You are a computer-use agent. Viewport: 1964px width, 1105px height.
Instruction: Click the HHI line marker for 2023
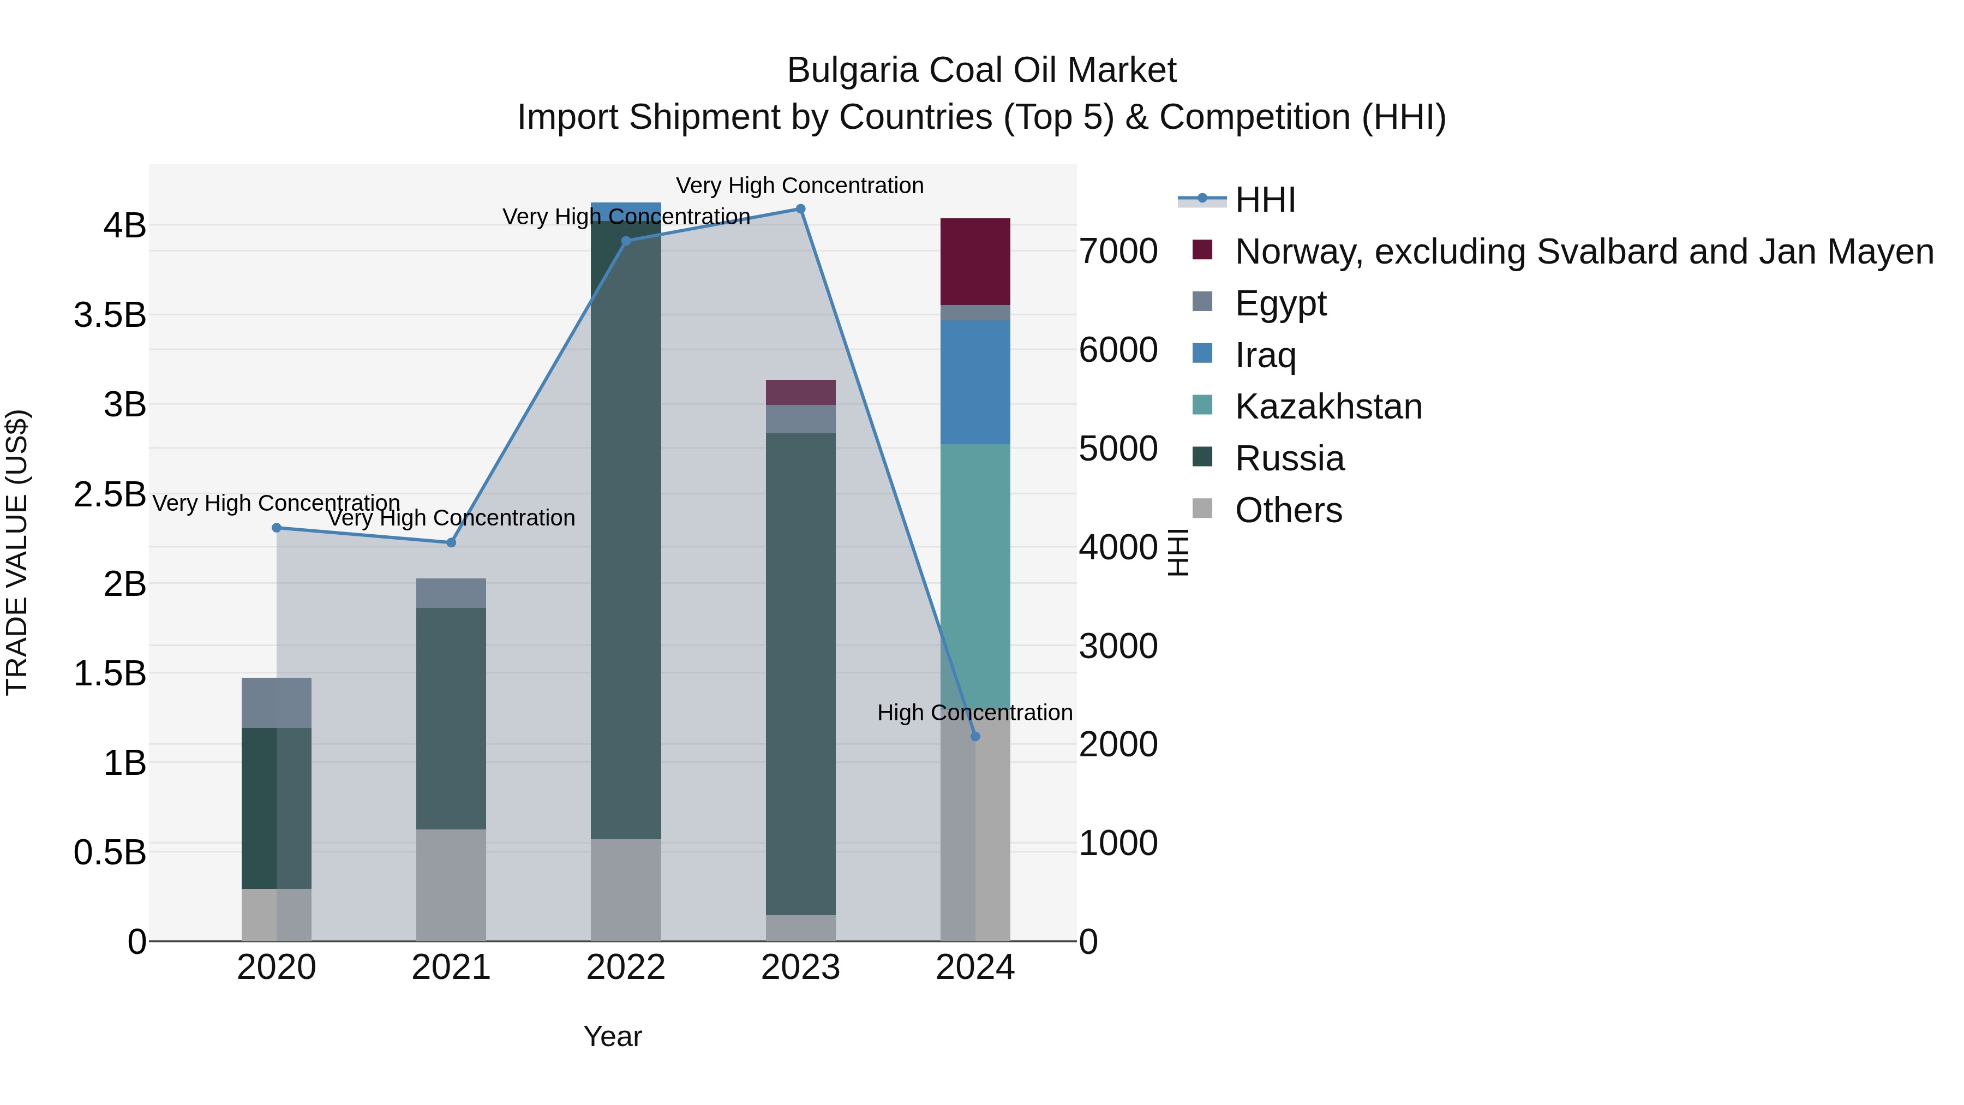(800, 209)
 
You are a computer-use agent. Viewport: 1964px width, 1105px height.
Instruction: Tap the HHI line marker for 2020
(277, 528)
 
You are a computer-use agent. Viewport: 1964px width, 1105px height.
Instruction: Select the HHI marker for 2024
(975, 737)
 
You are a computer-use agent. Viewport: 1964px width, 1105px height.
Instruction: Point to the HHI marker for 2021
(451, 543)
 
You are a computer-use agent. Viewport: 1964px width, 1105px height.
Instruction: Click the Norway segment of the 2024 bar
(975, 261)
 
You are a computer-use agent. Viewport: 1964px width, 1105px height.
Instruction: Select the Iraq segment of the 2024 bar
(975, 382)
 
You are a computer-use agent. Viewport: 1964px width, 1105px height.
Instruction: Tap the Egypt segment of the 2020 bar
(277, 702)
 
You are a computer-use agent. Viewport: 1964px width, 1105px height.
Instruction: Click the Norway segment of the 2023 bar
(800, 392)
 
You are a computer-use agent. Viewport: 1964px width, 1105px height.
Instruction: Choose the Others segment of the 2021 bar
(451, 885)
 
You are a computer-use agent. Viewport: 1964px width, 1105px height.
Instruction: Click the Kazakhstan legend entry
(1328, 407)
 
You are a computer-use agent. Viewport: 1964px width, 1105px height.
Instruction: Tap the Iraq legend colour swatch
(1202, 354)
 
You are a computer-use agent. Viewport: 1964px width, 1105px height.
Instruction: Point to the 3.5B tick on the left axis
(110, 315)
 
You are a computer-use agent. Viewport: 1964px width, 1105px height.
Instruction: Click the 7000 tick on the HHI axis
(1118, 252)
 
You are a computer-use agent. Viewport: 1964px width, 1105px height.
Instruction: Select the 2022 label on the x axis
(626, 967)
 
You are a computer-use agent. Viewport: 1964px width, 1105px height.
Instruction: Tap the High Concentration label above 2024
(974, 712)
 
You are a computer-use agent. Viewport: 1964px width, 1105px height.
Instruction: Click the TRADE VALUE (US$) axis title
(17, 552)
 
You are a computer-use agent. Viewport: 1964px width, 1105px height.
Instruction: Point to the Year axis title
(613, 1036)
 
